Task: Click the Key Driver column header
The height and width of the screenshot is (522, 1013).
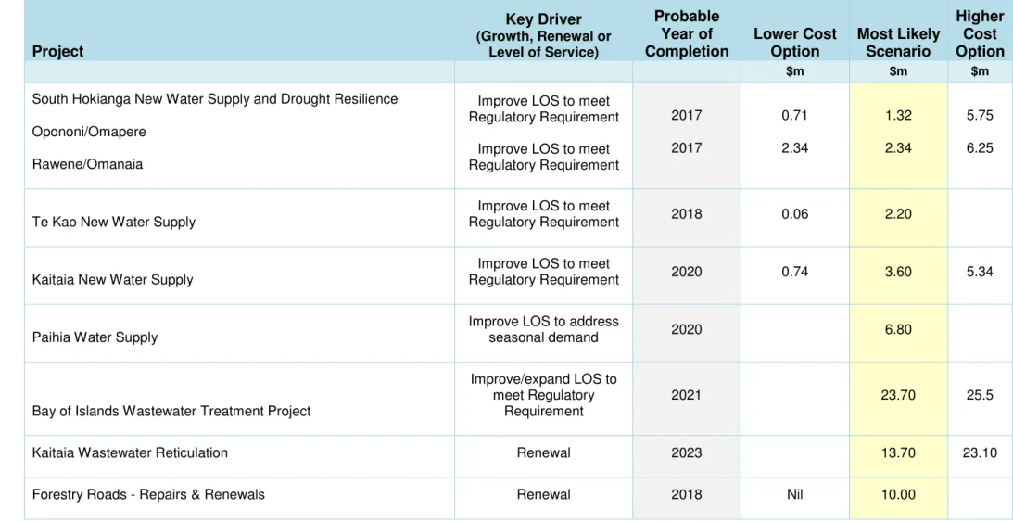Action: (x=543, y=36)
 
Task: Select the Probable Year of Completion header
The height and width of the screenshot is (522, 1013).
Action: (x=687, y=33)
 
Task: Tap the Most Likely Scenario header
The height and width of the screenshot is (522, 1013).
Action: (x=898, y=43)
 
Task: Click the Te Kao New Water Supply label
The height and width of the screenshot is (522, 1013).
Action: (x=114, y=223)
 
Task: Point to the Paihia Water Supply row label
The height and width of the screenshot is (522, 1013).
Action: (x=95, y=337)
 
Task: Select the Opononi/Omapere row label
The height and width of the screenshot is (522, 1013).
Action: (x=89, y=132)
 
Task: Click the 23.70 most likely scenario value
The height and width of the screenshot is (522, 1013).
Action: (x=898, y=395)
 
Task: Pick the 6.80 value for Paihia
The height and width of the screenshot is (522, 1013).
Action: (x=898, y=329)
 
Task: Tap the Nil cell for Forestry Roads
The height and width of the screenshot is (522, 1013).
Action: (x=794, y=495)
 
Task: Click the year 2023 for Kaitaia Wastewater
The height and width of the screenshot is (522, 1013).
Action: (x=686, y=452)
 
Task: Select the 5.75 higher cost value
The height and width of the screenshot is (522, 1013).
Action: (x=980, y=116)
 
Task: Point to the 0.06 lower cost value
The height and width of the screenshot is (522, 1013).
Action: (x=794, y=214)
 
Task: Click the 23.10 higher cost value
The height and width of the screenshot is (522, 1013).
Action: (x=980, y=452)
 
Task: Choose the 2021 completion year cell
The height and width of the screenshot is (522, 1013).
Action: (x=686, y=395)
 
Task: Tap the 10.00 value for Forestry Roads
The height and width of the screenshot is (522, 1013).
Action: (x=898, y=495)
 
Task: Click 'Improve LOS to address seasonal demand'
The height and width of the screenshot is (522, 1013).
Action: (x=543, y=329)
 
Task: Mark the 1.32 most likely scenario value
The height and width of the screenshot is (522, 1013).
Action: (x=898, y=116)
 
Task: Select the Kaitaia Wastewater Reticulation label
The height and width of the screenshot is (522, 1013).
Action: (x=130, y=452)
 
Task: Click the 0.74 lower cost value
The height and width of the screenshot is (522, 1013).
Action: (x=794, y=272)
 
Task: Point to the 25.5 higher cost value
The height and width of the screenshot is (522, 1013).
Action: (x=980, y=395)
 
